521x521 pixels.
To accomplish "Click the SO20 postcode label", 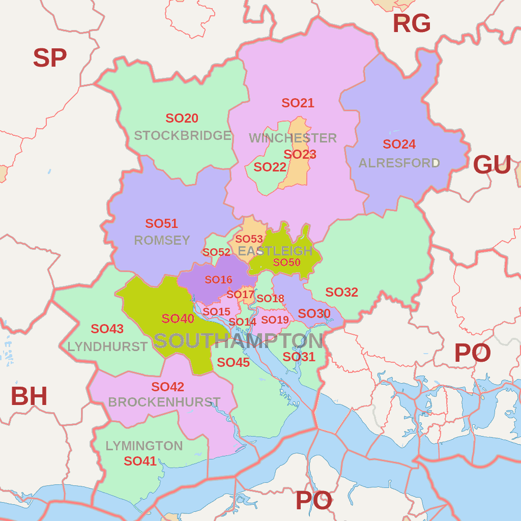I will (182, 119).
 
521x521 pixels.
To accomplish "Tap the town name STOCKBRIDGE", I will (183, 136).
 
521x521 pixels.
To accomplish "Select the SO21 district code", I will (298, 103).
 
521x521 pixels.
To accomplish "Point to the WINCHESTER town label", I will (293, 138).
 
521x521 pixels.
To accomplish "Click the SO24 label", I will (399, 144).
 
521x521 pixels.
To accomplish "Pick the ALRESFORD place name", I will (399, 163).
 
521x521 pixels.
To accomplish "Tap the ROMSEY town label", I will (162, 240).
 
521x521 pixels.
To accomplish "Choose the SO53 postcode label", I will (249, 239).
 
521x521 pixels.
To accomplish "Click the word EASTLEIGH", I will (275, 251).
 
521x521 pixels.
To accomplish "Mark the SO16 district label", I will (218, 280).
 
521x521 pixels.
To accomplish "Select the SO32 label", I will (341, 293).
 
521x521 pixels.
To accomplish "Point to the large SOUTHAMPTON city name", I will (238, 341).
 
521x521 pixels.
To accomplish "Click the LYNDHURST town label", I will (107, 347).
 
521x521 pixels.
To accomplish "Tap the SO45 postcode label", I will (233, 363).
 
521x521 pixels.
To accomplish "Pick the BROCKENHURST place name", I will (164, 402).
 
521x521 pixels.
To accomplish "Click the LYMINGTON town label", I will (144, 446).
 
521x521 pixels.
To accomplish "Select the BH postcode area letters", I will (29, 397).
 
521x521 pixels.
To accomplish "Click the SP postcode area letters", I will (50, 58).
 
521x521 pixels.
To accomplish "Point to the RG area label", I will (412, 24).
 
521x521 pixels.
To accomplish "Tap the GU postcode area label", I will (491, 165).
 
